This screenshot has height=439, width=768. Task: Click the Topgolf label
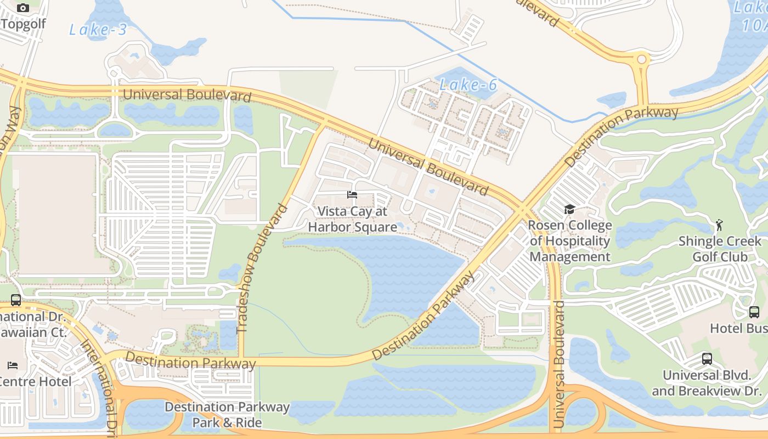23,24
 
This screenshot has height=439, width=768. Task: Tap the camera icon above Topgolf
23,8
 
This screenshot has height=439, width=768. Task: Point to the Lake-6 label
468,85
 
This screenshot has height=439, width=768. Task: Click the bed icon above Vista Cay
352,195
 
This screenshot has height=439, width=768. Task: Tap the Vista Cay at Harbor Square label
352,219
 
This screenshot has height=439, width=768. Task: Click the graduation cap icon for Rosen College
569,210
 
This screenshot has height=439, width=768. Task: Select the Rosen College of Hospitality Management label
569,241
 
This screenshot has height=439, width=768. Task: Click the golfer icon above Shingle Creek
719,225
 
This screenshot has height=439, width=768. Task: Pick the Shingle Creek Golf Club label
720,249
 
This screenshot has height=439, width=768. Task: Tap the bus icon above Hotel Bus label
754,312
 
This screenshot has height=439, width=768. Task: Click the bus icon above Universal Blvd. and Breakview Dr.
707,359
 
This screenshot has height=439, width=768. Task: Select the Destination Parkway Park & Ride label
227,414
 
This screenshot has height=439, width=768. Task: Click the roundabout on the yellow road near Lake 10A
641,59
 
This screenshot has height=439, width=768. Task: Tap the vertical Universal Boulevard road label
558,364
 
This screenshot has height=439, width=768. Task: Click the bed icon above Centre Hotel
13,365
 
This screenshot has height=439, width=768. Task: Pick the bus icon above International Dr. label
16,300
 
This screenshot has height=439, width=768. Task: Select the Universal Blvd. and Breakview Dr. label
707,383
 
